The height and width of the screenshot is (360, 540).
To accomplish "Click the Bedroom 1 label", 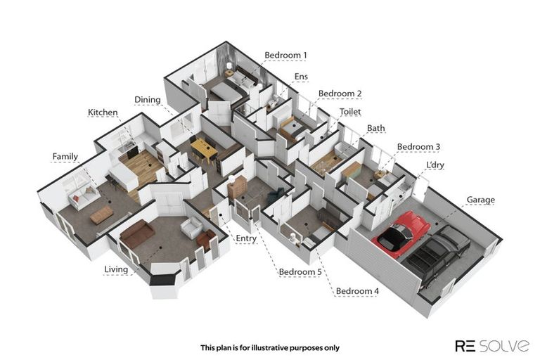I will (285, 55).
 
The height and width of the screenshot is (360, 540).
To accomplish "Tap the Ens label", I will (301, 76).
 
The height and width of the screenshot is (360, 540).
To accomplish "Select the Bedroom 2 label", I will (340, 94).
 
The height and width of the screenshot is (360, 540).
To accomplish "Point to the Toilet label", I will (350, 112).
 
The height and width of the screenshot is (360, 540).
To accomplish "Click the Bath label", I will (375, 129).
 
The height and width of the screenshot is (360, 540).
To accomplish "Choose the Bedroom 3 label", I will (418, 147).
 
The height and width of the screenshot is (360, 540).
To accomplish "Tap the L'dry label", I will (435, 165).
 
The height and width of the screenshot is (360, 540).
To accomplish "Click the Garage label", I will (480, 200).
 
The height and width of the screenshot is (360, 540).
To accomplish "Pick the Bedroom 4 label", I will (357, 291).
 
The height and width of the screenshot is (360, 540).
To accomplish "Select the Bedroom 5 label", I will (300, 271).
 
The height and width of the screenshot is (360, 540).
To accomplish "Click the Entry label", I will (246, 238).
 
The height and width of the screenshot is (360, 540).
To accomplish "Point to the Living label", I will (116, 269).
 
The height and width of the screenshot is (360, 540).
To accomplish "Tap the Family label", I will (65, 156).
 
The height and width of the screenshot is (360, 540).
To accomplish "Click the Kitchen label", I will (103, 112).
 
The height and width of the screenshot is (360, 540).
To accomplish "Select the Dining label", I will (148, 101).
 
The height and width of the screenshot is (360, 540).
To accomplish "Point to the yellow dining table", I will (204, 148).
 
